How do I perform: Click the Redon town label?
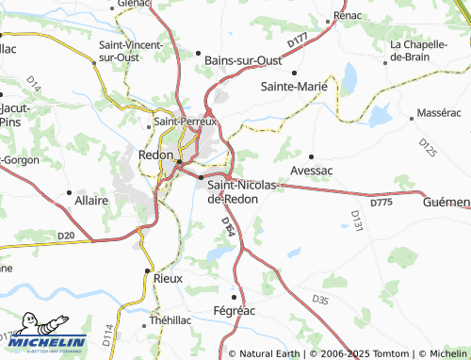click(155, 155)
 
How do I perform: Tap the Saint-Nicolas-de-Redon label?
click(242, 191)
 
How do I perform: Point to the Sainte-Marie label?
click(293, 86)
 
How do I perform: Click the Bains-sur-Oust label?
click(243, 61)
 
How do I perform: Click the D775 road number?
click(381, 202)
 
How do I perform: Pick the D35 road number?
click(320, 300)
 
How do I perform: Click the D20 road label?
click(65, 236)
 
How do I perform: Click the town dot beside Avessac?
click(312, 156)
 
